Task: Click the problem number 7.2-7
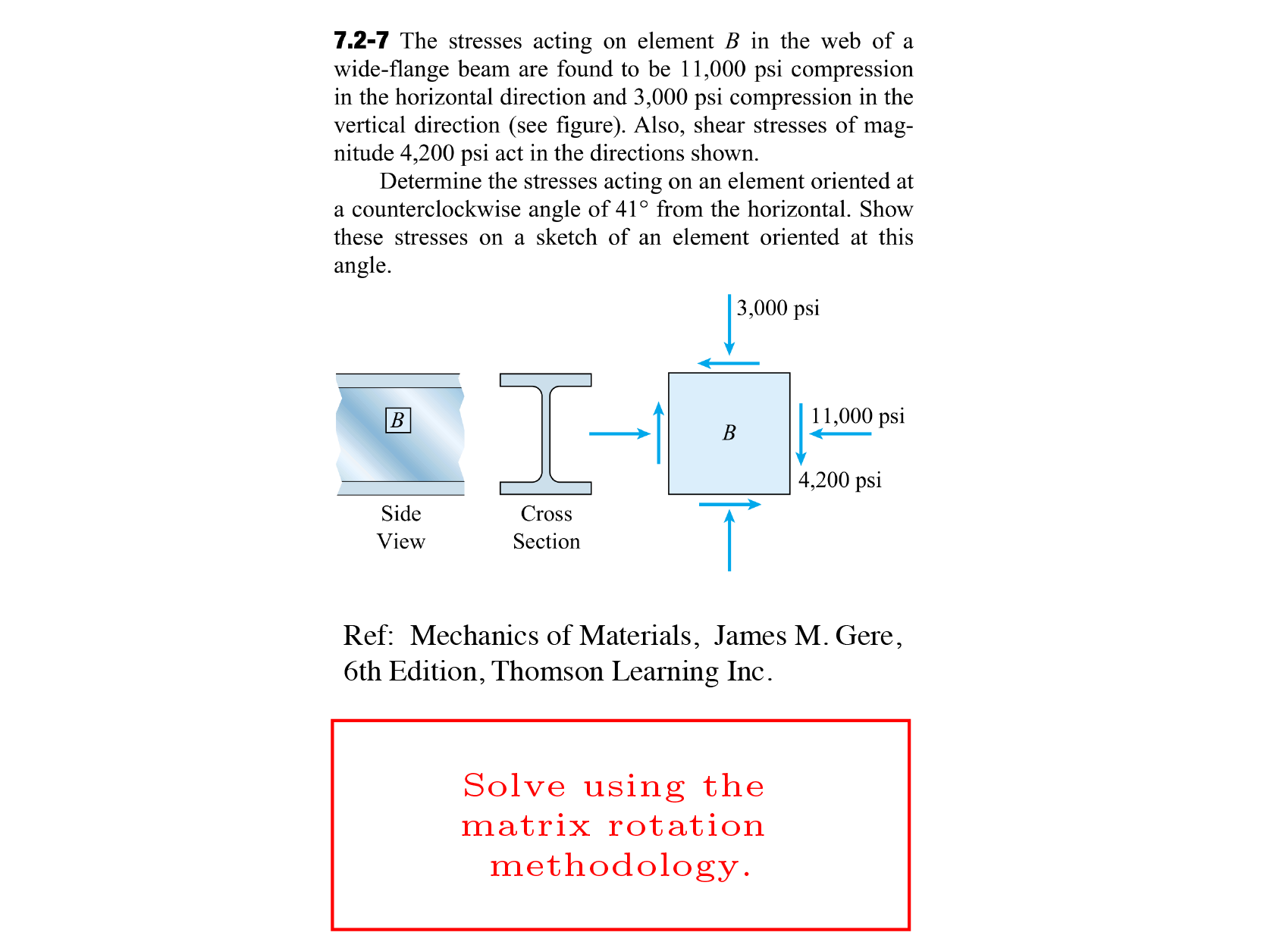click(361, 40)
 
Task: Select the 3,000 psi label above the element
click(778, 308)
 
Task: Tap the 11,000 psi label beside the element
click(858, 415)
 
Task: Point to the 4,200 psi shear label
click(839, 480)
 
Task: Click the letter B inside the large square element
click(729, 433)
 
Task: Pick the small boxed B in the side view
click(398, 420)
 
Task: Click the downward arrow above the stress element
click(729, 324)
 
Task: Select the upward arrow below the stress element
click(729, 540)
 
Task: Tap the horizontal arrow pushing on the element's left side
click(619, 433)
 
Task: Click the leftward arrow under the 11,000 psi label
click(840, 433)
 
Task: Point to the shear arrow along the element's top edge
click(728, 363)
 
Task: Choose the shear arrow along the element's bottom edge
click(729, 504)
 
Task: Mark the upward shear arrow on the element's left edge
click(658, 433)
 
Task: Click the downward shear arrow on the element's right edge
click(801, 434)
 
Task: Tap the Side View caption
click(401, 527)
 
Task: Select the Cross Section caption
click(546, 527)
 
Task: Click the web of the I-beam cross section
click(546, 433)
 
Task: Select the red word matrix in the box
click(525, 825)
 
